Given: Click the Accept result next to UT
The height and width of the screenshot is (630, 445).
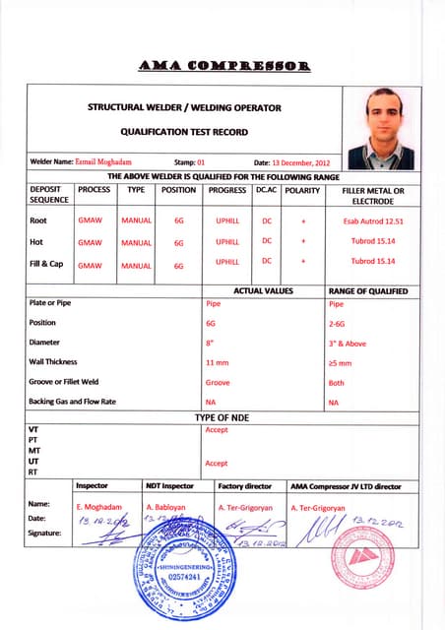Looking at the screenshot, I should click(216, 463).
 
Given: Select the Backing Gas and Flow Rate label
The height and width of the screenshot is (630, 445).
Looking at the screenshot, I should click(73, 402).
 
